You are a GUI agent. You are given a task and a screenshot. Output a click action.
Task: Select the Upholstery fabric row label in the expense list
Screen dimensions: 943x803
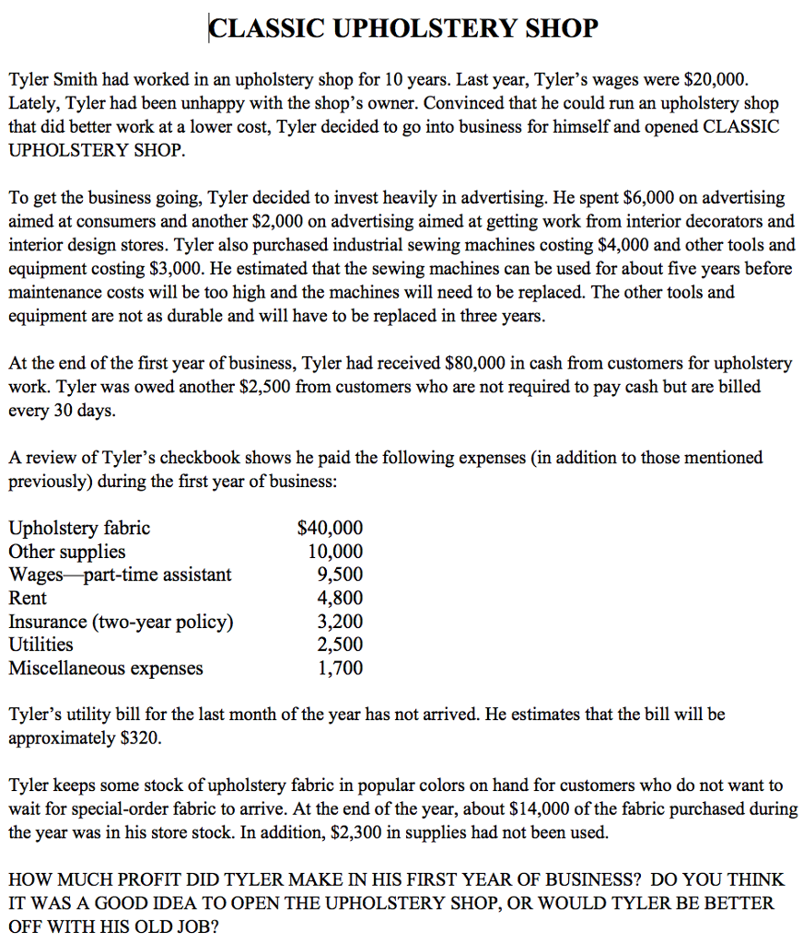pos(79,529)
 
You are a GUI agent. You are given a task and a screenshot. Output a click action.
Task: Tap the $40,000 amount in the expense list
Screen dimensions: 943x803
pos(331,529)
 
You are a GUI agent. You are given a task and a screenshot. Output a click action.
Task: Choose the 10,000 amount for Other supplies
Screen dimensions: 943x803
pos(335,552)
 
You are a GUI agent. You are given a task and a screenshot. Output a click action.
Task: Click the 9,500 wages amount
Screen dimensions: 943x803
pos(340,575)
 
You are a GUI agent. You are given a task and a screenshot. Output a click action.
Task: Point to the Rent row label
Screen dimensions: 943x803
pos(28,598)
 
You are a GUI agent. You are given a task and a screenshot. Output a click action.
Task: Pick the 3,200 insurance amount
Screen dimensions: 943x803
pos(340,622)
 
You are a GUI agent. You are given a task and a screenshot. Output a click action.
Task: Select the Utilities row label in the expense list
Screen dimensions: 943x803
pos(41,645)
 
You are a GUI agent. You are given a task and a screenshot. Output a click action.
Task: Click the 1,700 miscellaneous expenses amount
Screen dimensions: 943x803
pos(340,668)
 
